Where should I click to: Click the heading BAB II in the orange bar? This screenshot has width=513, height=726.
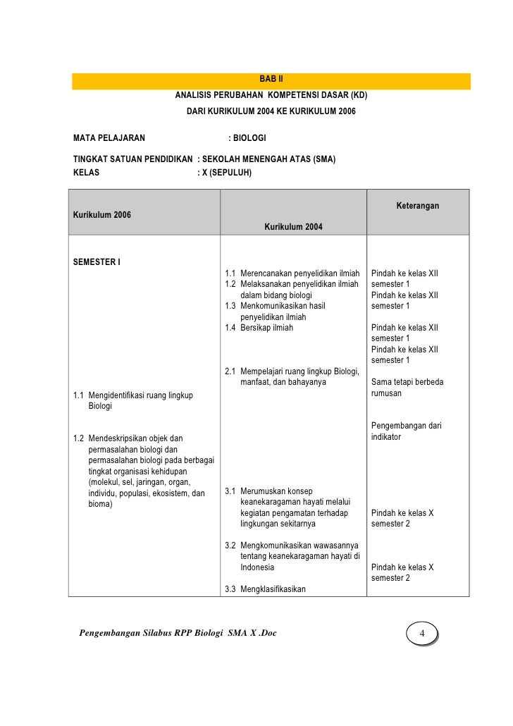271,79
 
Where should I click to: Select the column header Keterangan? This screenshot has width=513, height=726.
417,206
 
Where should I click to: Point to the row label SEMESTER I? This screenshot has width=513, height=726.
97,263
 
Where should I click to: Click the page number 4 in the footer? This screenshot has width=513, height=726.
421,634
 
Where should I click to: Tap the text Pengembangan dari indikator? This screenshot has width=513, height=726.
406,431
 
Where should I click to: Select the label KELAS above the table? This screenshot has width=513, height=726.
87,172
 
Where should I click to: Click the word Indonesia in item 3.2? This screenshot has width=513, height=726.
257,567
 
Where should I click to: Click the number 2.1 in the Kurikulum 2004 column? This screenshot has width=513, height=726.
230,371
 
